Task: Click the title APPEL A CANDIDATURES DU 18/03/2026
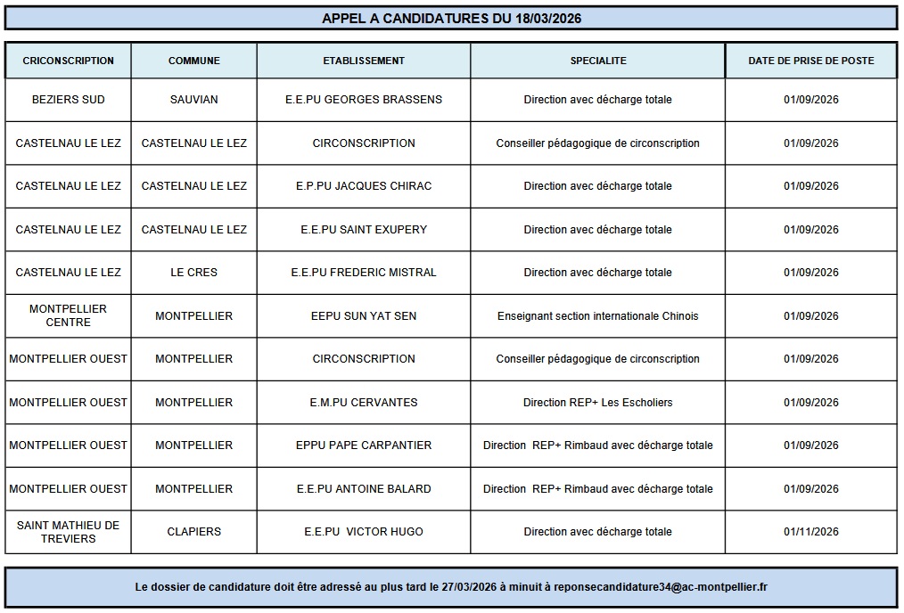[x=451, y=18]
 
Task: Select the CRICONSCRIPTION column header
[x=69, y=61]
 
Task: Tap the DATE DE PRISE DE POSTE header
[x=811, y=61]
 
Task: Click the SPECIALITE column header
[x=598, y=61]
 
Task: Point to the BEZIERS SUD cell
[x=69, y=100]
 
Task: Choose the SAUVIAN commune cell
[x=193, y=100]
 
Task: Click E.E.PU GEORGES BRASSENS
[x=364, y=100]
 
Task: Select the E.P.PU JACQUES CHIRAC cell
[x=364, y=186]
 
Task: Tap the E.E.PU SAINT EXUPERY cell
[x=364, y=230]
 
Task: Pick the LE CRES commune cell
[x=193, y=273]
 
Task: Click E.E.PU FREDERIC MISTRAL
[x=364, y=273]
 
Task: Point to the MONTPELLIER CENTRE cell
[x=69, y=315]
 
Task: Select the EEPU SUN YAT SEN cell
[x=364, y=316]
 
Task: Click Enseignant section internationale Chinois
[x=598, y=316]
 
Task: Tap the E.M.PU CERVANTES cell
[x=364, y=403]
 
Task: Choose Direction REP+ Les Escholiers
[x=598, y=403]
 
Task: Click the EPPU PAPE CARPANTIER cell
[x=364, y=445]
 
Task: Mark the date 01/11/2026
[x=811, y=532]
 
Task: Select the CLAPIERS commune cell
[x=193, y=532]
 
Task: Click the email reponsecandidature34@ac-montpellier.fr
[x=661, y=587]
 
